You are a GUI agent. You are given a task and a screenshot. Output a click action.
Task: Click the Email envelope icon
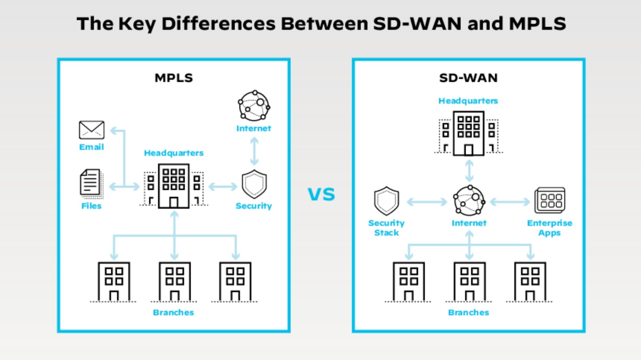tap(91, 130)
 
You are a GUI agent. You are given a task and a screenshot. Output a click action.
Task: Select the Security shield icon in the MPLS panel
tap(254, 184)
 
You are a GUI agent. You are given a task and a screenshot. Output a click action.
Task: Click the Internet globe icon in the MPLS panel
tap(254, 106)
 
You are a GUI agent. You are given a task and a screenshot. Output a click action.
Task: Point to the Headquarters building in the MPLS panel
tap(174, 186)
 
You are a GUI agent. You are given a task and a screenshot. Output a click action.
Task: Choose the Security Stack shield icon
tap(386, 201)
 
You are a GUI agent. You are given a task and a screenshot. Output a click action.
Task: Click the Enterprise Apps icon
tap(550, 200)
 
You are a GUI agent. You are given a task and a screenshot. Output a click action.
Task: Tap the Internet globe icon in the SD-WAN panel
tap(469, 201)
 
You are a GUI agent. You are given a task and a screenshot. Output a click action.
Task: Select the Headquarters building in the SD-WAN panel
tap(468, 133)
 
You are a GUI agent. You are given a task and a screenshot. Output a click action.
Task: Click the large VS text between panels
tap(321, 195)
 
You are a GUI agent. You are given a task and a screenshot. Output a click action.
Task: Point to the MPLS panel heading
tap(174, 78)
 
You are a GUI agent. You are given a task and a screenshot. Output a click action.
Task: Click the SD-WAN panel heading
tap(468, 78)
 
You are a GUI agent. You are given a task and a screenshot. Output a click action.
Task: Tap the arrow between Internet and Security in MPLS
tap(254, 151)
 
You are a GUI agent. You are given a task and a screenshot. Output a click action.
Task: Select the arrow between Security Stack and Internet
tap(427, 202)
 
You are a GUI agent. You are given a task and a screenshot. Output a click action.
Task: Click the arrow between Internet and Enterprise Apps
tap(510, 202)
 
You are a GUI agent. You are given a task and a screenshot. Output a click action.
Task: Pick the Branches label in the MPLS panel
tap(173, 312)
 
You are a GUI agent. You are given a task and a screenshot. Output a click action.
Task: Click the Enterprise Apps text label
tap(550, 228)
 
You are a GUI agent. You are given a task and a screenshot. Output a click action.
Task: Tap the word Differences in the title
tap(218, 24)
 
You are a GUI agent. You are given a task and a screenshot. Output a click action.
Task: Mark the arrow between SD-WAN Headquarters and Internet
tap(469, 171)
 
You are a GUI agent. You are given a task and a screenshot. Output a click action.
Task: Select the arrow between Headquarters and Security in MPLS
tap(223, 186)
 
